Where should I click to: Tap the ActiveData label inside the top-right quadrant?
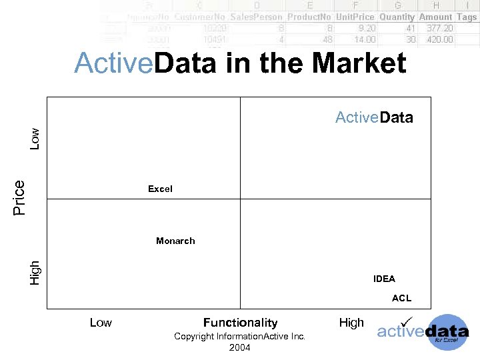374,118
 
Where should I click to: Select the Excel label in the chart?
160,189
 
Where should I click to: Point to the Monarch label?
175,241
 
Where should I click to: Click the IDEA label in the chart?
384,279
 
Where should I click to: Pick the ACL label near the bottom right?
401,299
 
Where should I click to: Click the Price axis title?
19,197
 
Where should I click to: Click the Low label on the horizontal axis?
101,323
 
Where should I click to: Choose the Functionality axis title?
240,323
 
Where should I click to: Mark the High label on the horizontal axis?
351,323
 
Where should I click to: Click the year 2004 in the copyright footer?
239,348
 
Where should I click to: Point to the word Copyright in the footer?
194,337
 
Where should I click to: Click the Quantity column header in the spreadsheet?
397,17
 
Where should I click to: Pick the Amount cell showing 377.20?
439,29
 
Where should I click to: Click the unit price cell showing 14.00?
365,39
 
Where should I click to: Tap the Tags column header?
467,17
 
